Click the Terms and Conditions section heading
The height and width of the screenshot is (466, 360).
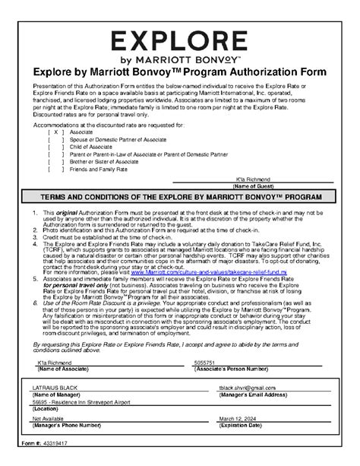tap(179, 196)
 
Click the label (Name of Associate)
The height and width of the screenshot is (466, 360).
tap(60, 369)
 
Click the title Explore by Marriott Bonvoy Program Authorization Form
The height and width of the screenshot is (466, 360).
tap(179, 71)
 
